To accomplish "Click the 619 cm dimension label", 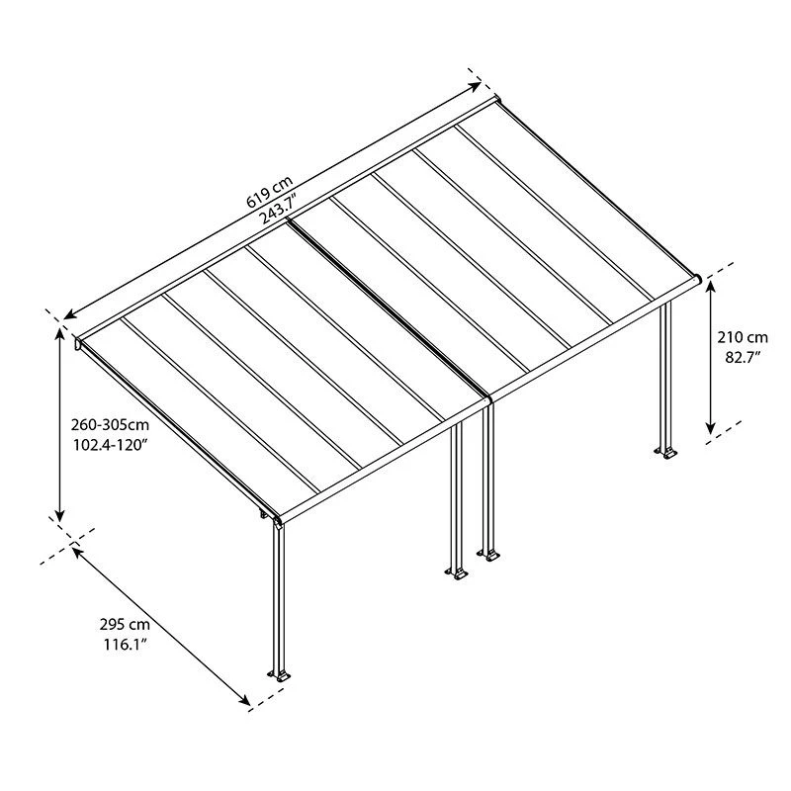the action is tap(269, 192).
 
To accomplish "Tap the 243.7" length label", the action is tap(279, 209).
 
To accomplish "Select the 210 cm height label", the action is tap(743, 337).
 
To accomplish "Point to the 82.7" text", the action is tap(743, 357).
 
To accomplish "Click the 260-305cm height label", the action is tap(110, 425).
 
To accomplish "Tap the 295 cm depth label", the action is tap(125, 625).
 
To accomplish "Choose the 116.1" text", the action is tap(125, 645).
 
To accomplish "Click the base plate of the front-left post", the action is tap(280, 675).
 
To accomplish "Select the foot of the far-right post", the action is tap(665, 452).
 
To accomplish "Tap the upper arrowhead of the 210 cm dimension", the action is tap(710, 287).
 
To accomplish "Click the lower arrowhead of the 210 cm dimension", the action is tap(710, 427).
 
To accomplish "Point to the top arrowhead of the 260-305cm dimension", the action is tap(60, 335).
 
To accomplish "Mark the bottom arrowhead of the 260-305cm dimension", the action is tap(60, 515).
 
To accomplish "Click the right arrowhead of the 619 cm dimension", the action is tap(475, 87).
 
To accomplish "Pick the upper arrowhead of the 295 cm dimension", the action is tap(77, 551).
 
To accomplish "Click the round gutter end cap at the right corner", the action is tap(697, 280).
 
